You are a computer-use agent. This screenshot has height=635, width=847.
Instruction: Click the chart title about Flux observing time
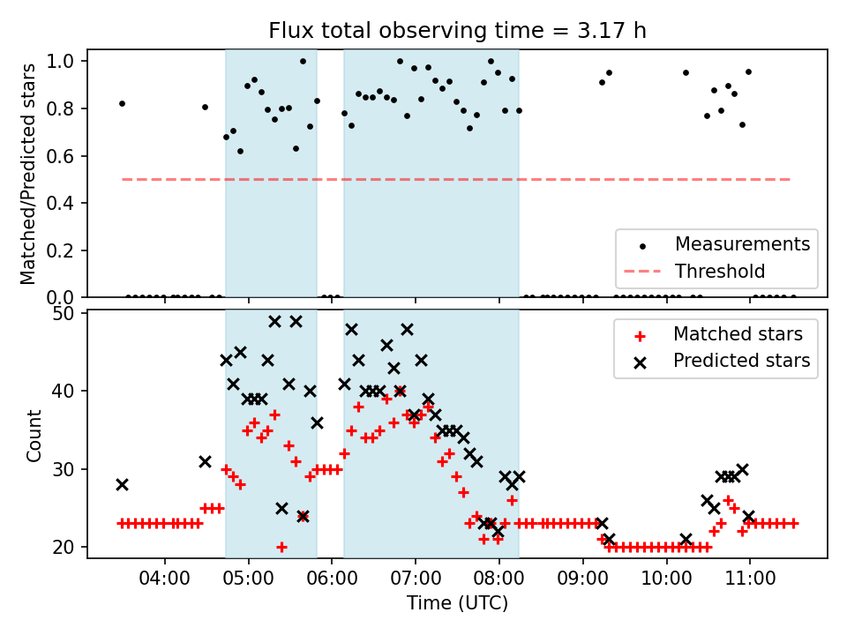pos(457,31)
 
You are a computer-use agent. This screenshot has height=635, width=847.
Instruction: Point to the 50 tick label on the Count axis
pos(71,312)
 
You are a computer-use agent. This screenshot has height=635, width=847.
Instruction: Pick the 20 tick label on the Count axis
pos(71,547)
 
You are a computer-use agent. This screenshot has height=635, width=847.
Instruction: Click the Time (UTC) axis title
pos(457,605)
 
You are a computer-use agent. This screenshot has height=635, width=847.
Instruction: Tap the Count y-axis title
pos(34,435)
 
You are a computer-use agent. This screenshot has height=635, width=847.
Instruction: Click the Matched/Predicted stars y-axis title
pos(28,174)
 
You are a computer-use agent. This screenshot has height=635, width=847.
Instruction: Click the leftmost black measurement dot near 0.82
pos(122,103)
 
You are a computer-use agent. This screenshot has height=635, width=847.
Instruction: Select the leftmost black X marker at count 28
pos(122,484)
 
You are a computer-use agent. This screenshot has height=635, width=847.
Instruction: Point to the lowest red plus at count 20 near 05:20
pos(281,547)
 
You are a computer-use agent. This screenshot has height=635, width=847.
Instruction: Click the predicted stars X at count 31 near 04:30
pos(205,461)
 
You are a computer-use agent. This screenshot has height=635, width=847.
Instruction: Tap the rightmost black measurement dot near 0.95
pos(748,72)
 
